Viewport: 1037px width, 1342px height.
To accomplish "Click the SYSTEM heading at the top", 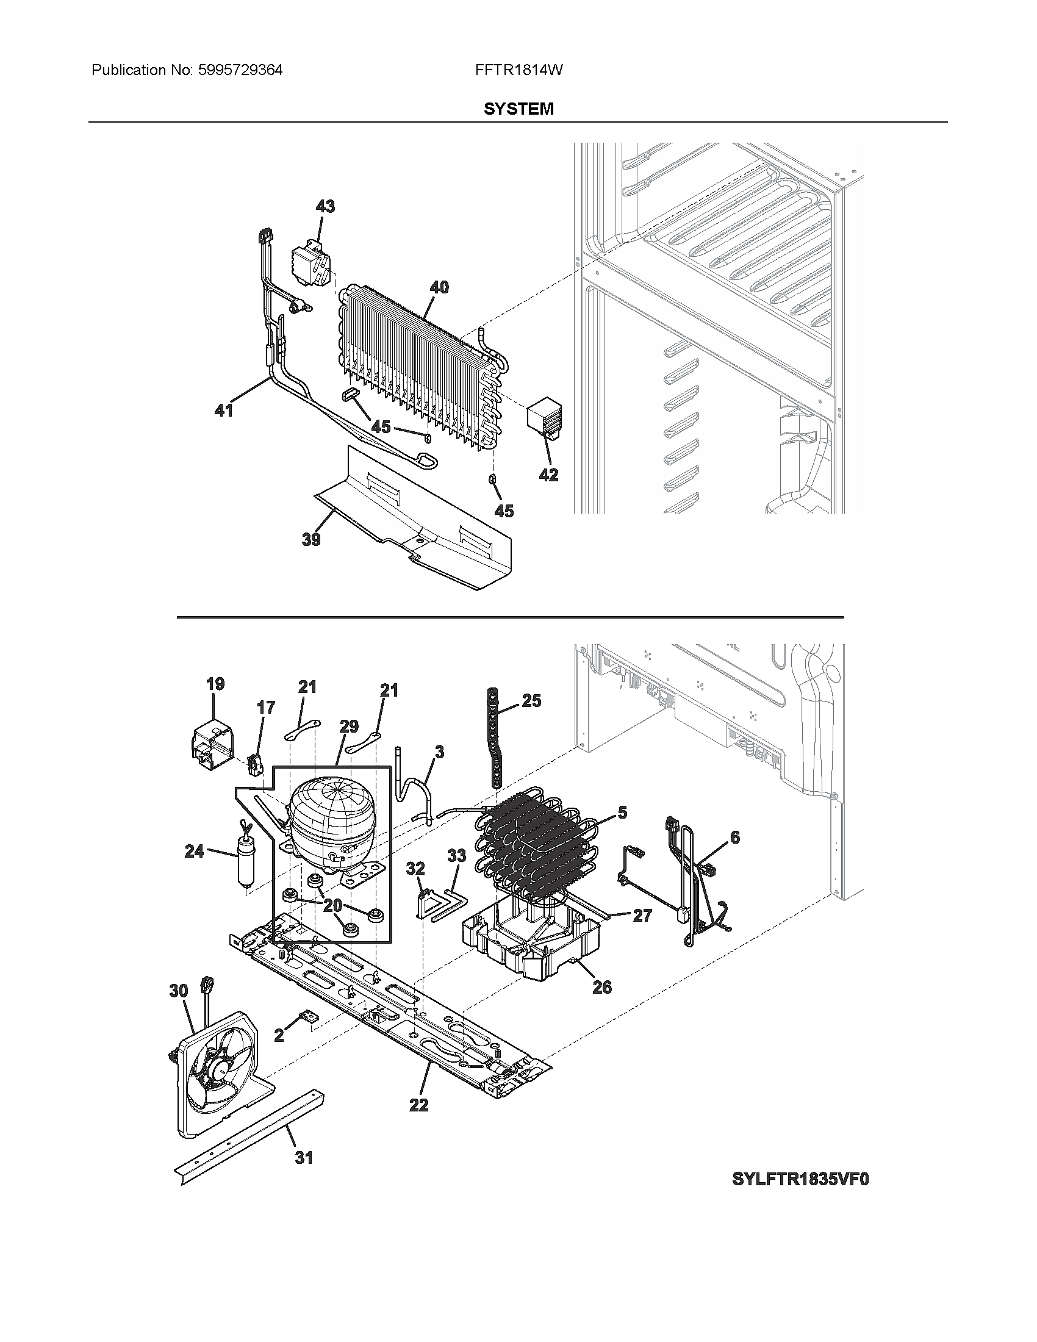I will [518, 109].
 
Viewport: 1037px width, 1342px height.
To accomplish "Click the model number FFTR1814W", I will [518, 70].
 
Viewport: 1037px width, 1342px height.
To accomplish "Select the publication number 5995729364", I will [240, 70].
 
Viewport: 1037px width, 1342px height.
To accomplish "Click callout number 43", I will [325, 206].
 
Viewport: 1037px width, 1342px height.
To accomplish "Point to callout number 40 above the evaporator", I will [439, 287].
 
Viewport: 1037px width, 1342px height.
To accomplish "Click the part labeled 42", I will [544, 418].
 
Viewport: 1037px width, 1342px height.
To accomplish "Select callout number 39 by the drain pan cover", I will [311, 539].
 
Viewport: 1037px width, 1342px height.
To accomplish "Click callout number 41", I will [223, 410].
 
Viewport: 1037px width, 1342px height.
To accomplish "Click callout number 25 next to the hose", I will [531, 700].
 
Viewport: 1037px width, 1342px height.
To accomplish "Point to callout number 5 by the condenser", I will [622, 813].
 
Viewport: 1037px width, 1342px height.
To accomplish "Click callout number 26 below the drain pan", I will [602, 987].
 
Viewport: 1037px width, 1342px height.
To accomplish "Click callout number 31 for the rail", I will [304, 1158].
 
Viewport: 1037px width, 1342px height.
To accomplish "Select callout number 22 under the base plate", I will [418, 1105].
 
